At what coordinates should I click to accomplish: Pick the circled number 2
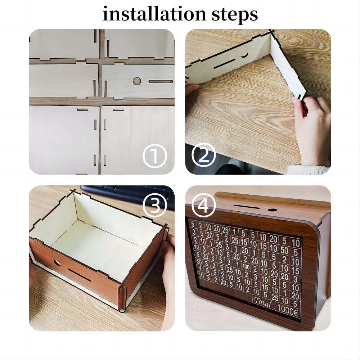tap(203, 156)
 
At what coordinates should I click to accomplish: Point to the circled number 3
tap(154, 205)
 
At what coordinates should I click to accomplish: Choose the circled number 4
tap(204, 206)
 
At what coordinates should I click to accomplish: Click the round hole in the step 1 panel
tap(137, 81)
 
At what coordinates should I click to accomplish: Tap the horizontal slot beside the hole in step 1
tap(161, 81)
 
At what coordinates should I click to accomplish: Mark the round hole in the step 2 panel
tap(244, 55)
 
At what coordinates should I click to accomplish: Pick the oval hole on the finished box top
tap(273, 210)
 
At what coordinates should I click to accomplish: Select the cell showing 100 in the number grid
tap(246, 267)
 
